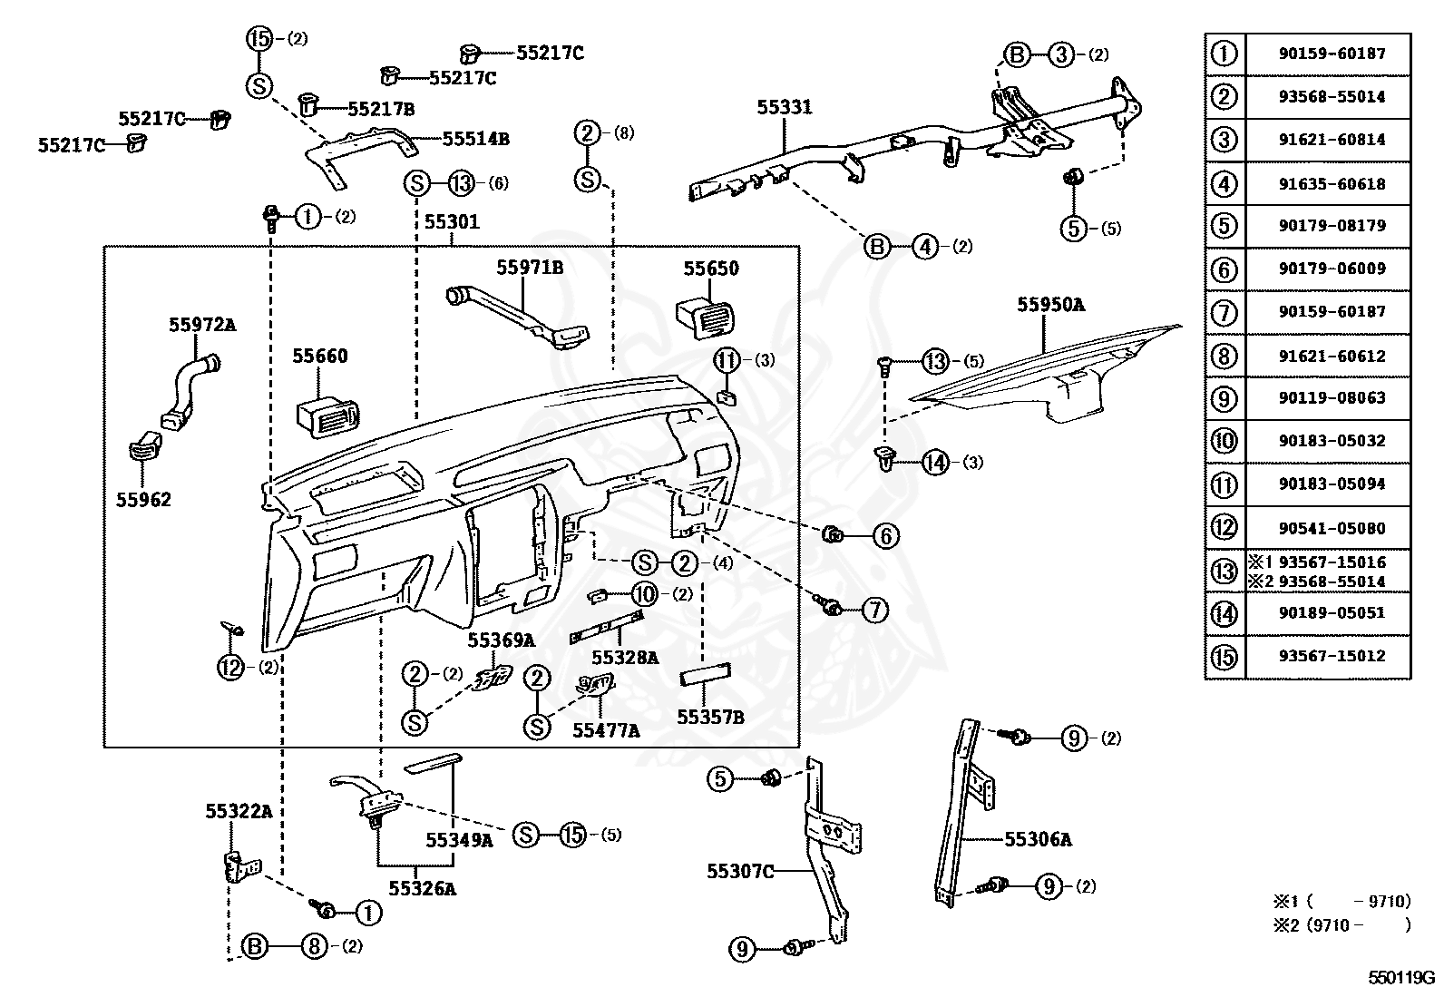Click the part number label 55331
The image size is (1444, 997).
(x=784, y=107)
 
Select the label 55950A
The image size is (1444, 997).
(x=1050, y=305)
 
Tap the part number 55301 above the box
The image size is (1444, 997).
(x=452, y=222)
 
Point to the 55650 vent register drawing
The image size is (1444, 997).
(x=706, y=318)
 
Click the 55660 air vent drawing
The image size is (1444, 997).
(x=327, y=417)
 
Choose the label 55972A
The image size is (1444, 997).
(x=202, y=325)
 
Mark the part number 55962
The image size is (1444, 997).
(x=143, y=499)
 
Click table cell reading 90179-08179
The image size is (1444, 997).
(x=1332, y=226)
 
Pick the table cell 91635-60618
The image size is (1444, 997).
(x=1332, y=184)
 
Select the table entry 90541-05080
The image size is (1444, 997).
(x=1332, y=528)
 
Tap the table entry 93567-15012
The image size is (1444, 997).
(x=1332, y=656)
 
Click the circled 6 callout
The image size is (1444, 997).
(x=886, y=535)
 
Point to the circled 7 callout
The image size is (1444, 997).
(x=874, y=610)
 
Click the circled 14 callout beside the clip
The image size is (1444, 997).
(x=935, y=463)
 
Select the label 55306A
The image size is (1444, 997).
(x=1038, y=839)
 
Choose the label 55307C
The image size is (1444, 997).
(x=740, y=871)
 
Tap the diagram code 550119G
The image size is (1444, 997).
(x=1401, y=978)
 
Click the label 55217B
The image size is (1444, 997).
(x=381, y=109)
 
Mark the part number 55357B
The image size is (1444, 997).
(x=710, y=717)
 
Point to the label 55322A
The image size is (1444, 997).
(x=239, y=811)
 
